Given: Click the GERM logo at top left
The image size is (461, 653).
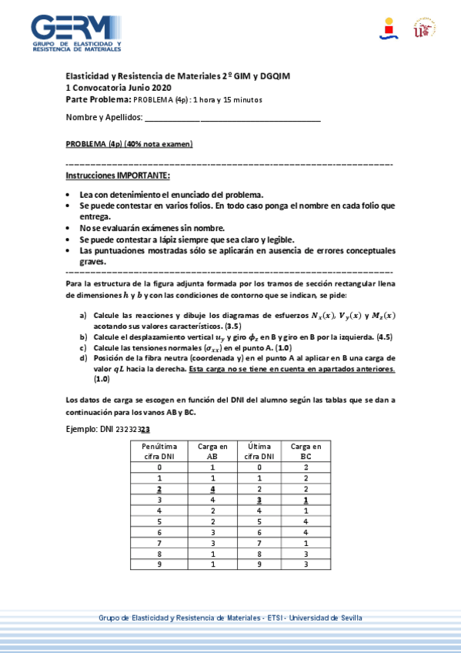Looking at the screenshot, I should [76, 32].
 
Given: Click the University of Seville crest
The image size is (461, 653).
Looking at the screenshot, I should [424, 28].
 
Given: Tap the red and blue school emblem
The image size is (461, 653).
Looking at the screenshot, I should [389, 28].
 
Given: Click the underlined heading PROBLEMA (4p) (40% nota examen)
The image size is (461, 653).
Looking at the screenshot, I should [129, 144].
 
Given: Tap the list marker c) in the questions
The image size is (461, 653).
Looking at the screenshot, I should [83, 348].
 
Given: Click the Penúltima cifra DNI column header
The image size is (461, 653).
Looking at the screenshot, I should [159, 451].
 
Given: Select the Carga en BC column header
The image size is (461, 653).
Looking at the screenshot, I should [306, 451].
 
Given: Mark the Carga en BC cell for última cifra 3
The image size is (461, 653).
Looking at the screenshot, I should [306, 500].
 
